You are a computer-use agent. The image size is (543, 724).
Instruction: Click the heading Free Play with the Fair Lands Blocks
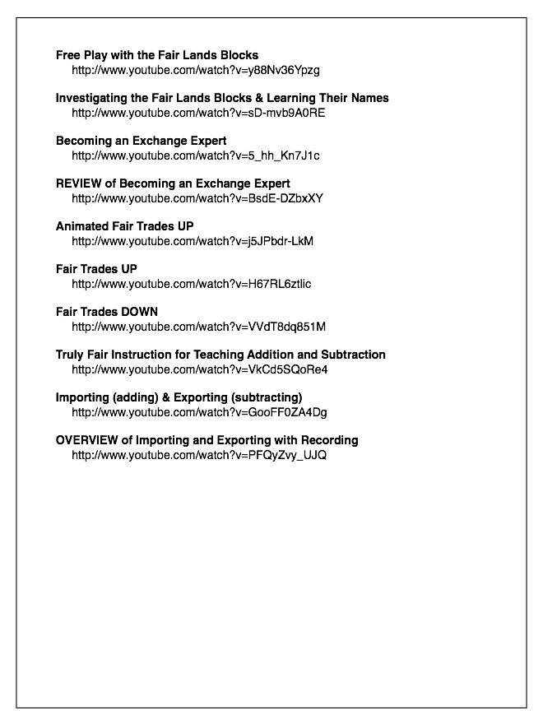tap(157, 55)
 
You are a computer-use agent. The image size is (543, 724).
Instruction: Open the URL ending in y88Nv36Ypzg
tap(195, 70)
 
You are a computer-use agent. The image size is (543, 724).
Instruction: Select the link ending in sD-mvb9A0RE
tap(198, 113)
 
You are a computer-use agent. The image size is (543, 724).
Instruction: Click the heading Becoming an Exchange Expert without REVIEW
tap(141, 141)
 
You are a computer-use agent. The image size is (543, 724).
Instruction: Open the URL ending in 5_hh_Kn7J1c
tap(195, 155)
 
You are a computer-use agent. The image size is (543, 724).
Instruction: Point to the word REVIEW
tap(79, 183)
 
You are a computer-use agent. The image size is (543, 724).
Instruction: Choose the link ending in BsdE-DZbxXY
tap(197, 198)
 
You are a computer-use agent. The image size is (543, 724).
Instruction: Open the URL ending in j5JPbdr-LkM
tap(193, 241)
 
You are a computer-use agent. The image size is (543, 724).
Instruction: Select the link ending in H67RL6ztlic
tap(191, 284)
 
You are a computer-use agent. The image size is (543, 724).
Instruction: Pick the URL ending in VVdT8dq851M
tap(198, 327)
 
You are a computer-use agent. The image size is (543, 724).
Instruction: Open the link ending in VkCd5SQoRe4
tap(199, 369)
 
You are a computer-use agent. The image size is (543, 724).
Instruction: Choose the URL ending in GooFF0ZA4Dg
tap(199, 412)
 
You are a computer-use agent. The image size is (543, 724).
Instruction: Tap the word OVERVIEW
tap(87, 440)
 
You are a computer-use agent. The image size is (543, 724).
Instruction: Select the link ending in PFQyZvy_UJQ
tap(199, 455)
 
